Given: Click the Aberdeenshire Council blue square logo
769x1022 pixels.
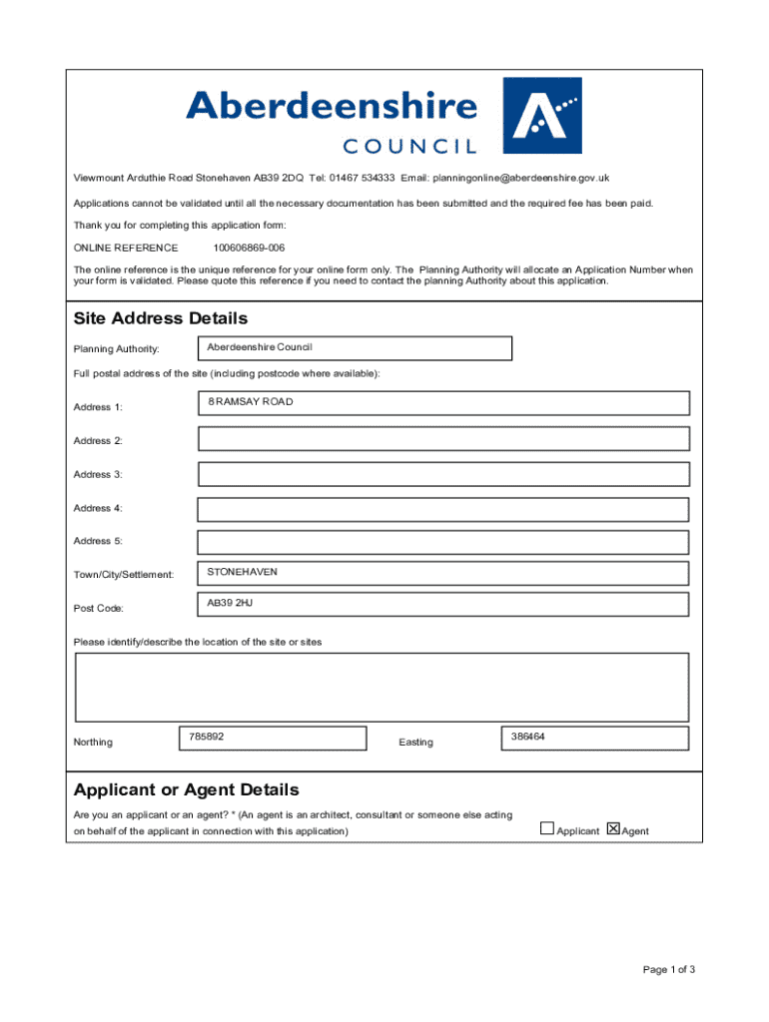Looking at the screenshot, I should [x=541, y=115].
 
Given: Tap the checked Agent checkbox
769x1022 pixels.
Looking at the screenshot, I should [x=613, y=828].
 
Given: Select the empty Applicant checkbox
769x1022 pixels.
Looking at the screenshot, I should [x=547, y=828].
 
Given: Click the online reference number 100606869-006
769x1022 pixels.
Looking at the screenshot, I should [x=249, y=248].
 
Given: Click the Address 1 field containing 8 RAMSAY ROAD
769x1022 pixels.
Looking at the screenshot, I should [x=443, y=403].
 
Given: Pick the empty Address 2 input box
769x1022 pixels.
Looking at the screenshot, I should [x=443, y=439].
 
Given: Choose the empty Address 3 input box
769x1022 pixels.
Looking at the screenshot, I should [x=443, y=474].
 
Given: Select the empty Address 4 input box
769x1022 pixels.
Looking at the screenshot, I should [x=443, y=509].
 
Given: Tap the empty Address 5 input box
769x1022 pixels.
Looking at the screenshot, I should [x=443, y=542].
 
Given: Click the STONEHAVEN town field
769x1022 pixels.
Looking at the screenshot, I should [x=443, y=573].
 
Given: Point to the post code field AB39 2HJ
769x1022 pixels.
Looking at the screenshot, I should [x=443, y=606].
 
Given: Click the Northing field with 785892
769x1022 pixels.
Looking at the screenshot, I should [x=272, y=738].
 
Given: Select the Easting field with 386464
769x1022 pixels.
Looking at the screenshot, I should [x=595, y=738].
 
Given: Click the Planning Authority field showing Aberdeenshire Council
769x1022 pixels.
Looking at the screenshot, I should [x=355, y=348].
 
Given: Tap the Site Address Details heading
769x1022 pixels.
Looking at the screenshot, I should [x=161, y=318].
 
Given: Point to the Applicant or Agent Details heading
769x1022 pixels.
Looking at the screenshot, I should [x=187, y=789].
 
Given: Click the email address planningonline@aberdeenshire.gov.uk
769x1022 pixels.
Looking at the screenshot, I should [x=520, y=178].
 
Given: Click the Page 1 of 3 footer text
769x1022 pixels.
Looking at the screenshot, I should [x=669, y=969].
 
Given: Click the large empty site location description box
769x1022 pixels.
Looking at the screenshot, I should [x=382, y=686].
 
